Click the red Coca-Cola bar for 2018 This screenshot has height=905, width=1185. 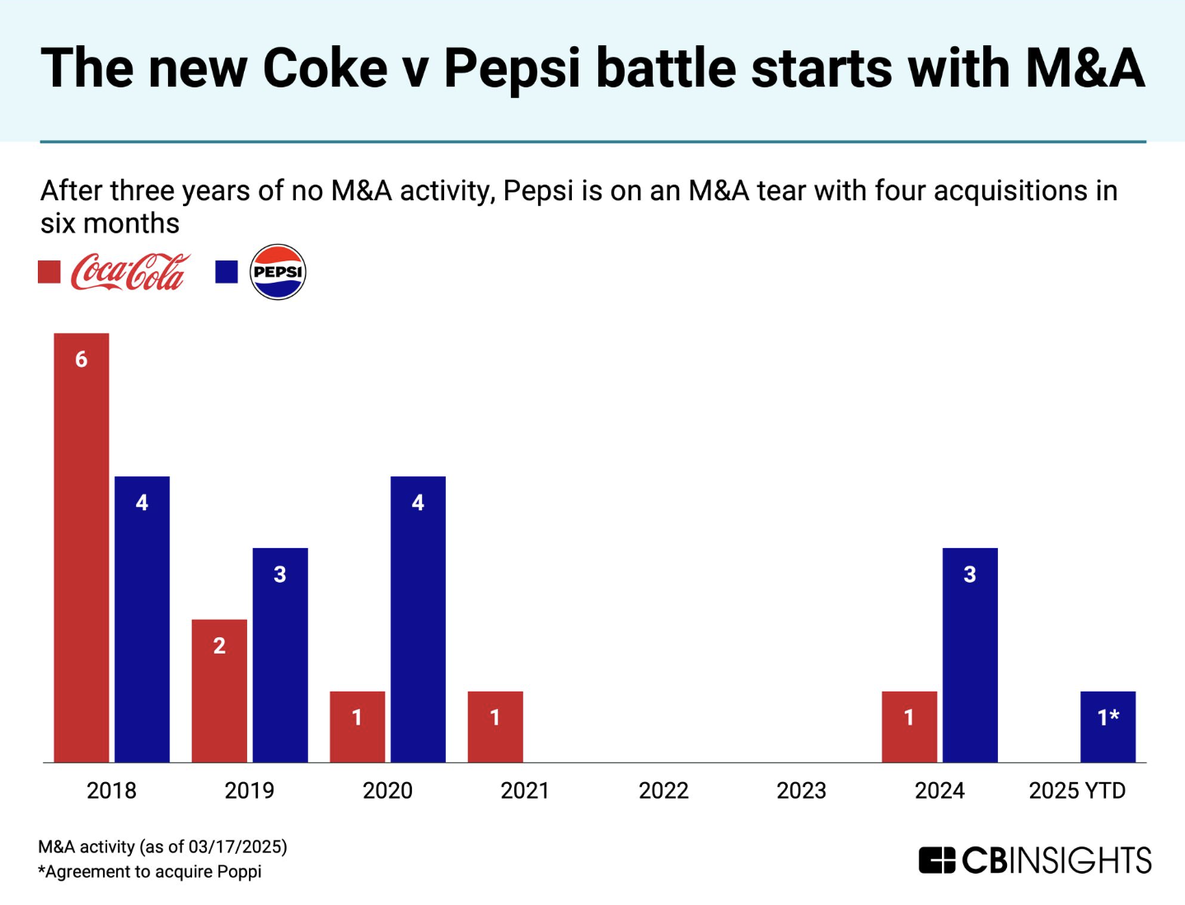click(82, 547)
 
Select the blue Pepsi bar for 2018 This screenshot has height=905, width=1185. click(142, 619)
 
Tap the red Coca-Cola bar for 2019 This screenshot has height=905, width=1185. click(219, 691)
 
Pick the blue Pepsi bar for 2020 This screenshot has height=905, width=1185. click(418, 619)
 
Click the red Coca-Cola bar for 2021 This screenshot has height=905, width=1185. click(495, 726)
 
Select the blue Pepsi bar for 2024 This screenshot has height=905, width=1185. click(970, 654)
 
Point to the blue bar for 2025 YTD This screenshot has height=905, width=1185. click(1108, 726)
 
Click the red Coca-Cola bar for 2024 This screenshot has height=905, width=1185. click(909, 726)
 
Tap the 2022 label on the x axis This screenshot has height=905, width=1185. click(663, 790)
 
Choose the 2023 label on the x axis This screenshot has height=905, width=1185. click(801, 790)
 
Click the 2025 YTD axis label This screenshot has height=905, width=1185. click(1077, 790)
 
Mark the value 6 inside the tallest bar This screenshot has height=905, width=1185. click(81, 359)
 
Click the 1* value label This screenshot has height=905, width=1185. click(1108, 717)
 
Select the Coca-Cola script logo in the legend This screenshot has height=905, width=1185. click(130, 272)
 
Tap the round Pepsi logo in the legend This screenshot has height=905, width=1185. click(278, 272)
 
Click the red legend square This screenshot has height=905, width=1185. click(49, 272)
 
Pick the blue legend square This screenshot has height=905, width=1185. click(227, 272)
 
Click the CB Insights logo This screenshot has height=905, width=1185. click(1035, 860)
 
